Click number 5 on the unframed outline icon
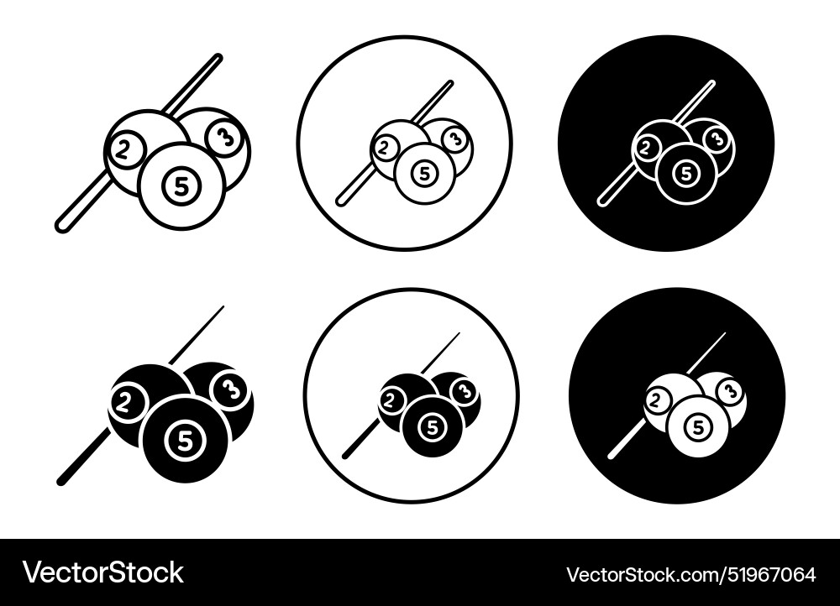coord(181,187)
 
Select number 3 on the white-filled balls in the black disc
coord(730,391)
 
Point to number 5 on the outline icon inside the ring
coord(425,173)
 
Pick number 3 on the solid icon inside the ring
coord(464,391)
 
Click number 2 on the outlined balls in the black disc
coord(647,149)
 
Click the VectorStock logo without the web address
coord(103,573)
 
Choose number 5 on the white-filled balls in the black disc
coord(697,428)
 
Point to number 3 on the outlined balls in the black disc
coord(716,139)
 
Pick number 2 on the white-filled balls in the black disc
coord(658,402)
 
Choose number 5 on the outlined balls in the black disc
coord(686,173)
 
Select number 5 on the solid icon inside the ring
coord(432,427)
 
